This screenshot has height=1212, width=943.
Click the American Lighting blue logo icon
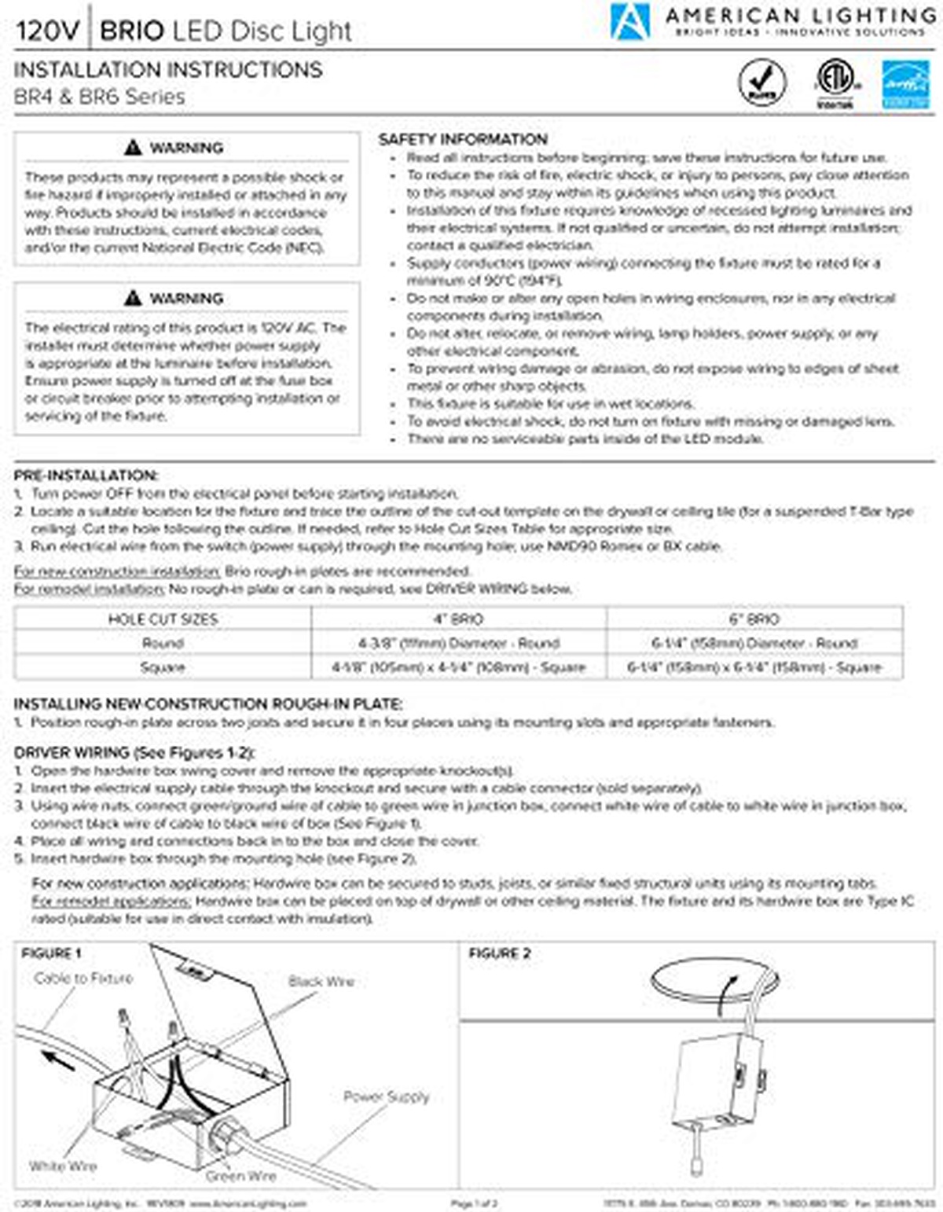coord(630,21)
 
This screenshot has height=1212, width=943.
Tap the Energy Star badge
coord(905,84)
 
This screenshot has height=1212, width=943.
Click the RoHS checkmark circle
coord(761,83)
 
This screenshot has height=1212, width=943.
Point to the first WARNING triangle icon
coord(133,148)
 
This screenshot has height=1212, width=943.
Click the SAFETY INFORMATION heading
coord(463,139)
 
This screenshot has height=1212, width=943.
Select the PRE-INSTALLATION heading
coord(86,476)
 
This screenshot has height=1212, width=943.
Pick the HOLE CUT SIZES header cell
coord(163,619)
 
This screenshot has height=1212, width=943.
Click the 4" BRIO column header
coord(458,619)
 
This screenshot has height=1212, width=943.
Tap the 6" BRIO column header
coord(754,619)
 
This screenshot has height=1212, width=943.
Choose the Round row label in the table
coord(163,643)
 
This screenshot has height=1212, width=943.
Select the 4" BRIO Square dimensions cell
coord(458,667)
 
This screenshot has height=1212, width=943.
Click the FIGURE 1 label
coord(51,953)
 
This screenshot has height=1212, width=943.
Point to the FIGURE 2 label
coord(500,953)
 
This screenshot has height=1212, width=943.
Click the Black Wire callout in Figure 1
coord(321,981)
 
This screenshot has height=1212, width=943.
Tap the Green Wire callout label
coord(240,1176)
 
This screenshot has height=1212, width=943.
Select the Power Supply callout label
coord(386,1096)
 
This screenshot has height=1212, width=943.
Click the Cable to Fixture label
coord(83,979)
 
